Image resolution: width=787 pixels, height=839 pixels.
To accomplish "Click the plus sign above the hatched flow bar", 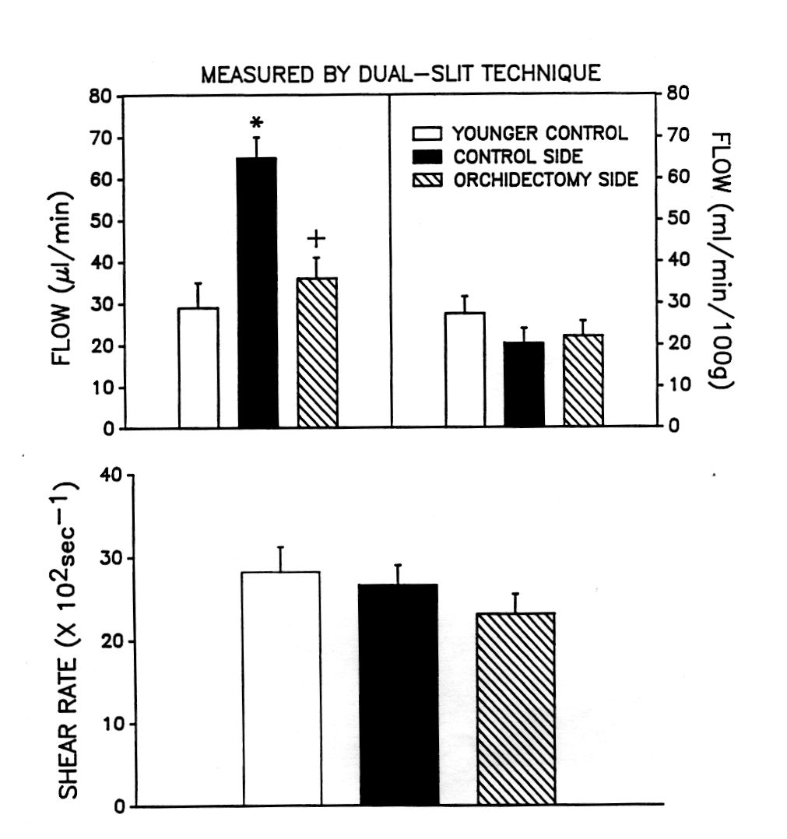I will (x=316, y=238).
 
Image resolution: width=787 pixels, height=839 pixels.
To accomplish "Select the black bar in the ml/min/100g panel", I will (x=524, y=384).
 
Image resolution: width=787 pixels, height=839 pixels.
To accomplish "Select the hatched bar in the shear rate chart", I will (x=515, y=709).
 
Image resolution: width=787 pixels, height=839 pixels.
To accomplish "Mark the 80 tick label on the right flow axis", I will (x=679, y=95).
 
